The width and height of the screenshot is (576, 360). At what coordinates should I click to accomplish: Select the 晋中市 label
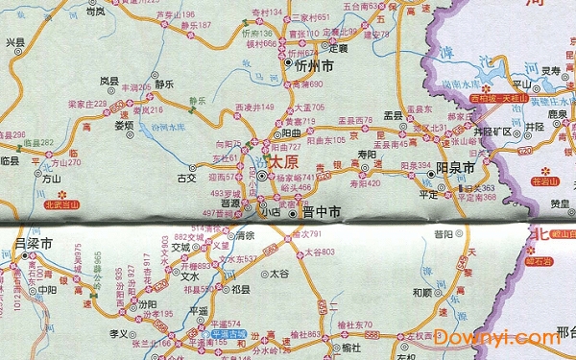click(x=321, y=212)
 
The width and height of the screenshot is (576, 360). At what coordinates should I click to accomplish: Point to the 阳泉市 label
click(x=456, y=168)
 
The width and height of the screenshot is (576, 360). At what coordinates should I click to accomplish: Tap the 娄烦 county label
click(x=124, y=125)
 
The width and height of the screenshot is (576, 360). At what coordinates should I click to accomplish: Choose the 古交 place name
click(x=186, y=177)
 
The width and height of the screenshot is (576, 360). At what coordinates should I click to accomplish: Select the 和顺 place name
click(x=422, y=292)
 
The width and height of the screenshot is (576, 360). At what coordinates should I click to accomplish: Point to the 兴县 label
click(x=14, y=42)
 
